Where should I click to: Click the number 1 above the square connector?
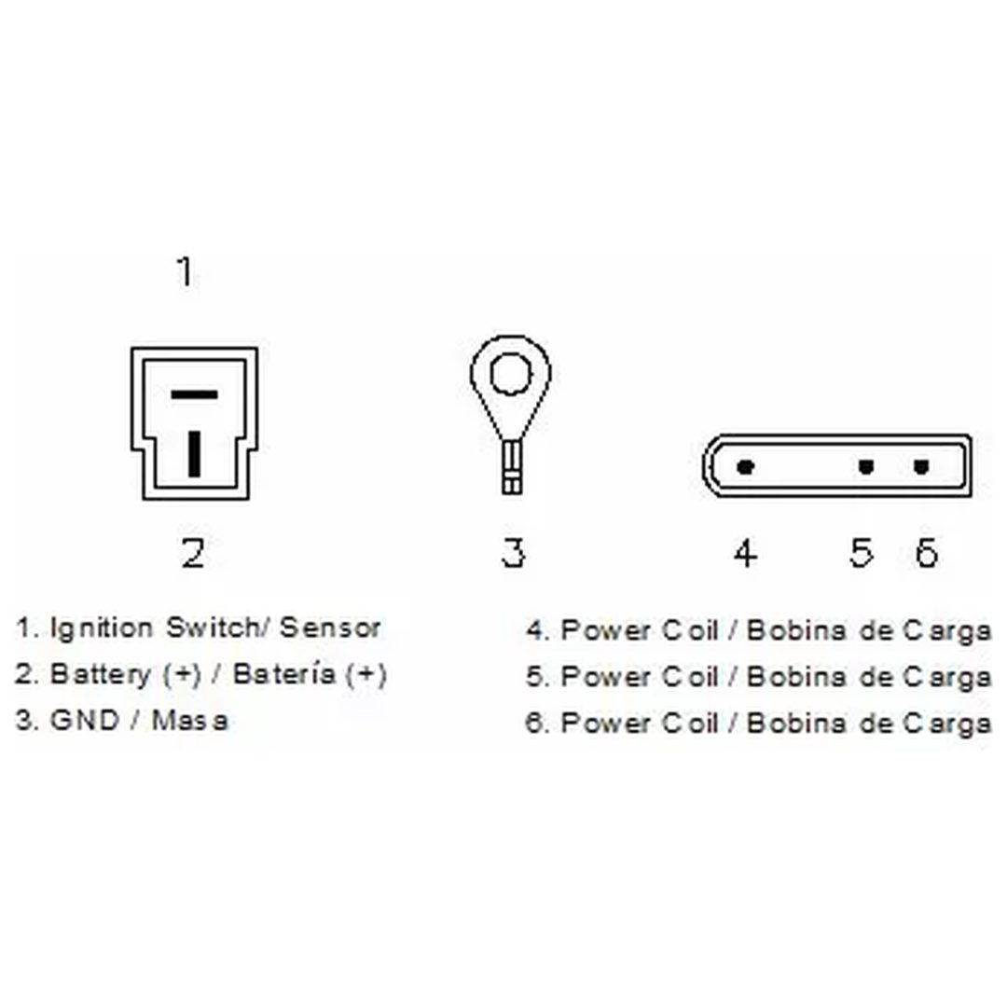185,271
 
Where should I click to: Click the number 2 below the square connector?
193,553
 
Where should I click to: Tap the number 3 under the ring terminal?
513,553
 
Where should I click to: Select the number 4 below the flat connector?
745,553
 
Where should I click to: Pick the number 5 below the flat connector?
862,553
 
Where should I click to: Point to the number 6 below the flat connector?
926,553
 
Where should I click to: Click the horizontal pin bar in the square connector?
194,393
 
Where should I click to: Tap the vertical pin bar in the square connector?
194,453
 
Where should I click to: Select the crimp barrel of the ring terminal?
511,467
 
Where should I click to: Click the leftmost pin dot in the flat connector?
745,467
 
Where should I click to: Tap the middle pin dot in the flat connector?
865,466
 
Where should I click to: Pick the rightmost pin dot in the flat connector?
921,466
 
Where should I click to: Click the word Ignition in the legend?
102,628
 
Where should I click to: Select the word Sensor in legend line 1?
330,628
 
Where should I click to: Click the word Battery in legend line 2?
100,675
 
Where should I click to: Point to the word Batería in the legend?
283,674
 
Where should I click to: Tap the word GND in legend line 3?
85,720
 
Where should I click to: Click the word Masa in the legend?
189,720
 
